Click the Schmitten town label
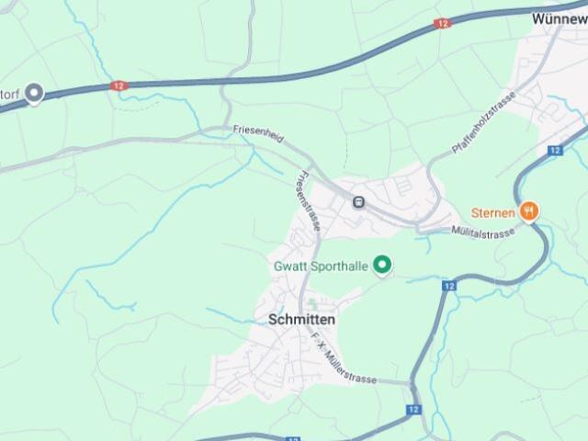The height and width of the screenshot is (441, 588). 301,320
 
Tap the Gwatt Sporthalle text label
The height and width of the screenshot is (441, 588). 321,266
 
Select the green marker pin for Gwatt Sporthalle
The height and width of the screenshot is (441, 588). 384,266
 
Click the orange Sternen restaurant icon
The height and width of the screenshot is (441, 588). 528,212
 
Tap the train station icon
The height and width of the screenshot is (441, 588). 357,202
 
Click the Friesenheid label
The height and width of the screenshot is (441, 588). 258,130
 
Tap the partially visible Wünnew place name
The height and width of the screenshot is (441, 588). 559,17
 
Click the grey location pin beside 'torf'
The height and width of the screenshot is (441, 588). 35,93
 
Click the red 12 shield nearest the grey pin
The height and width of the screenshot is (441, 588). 118,85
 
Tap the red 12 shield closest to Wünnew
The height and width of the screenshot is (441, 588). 443,23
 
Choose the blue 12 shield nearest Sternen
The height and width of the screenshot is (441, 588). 554,150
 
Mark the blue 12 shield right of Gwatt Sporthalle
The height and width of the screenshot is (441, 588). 448,286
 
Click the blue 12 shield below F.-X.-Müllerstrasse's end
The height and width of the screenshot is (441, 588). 413,409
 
